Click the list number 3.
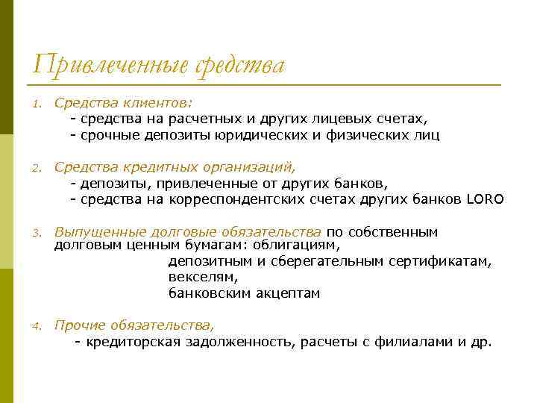click(35, 233)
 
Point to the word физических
click(370, 136)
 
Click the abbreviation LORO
click(486, 200)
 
